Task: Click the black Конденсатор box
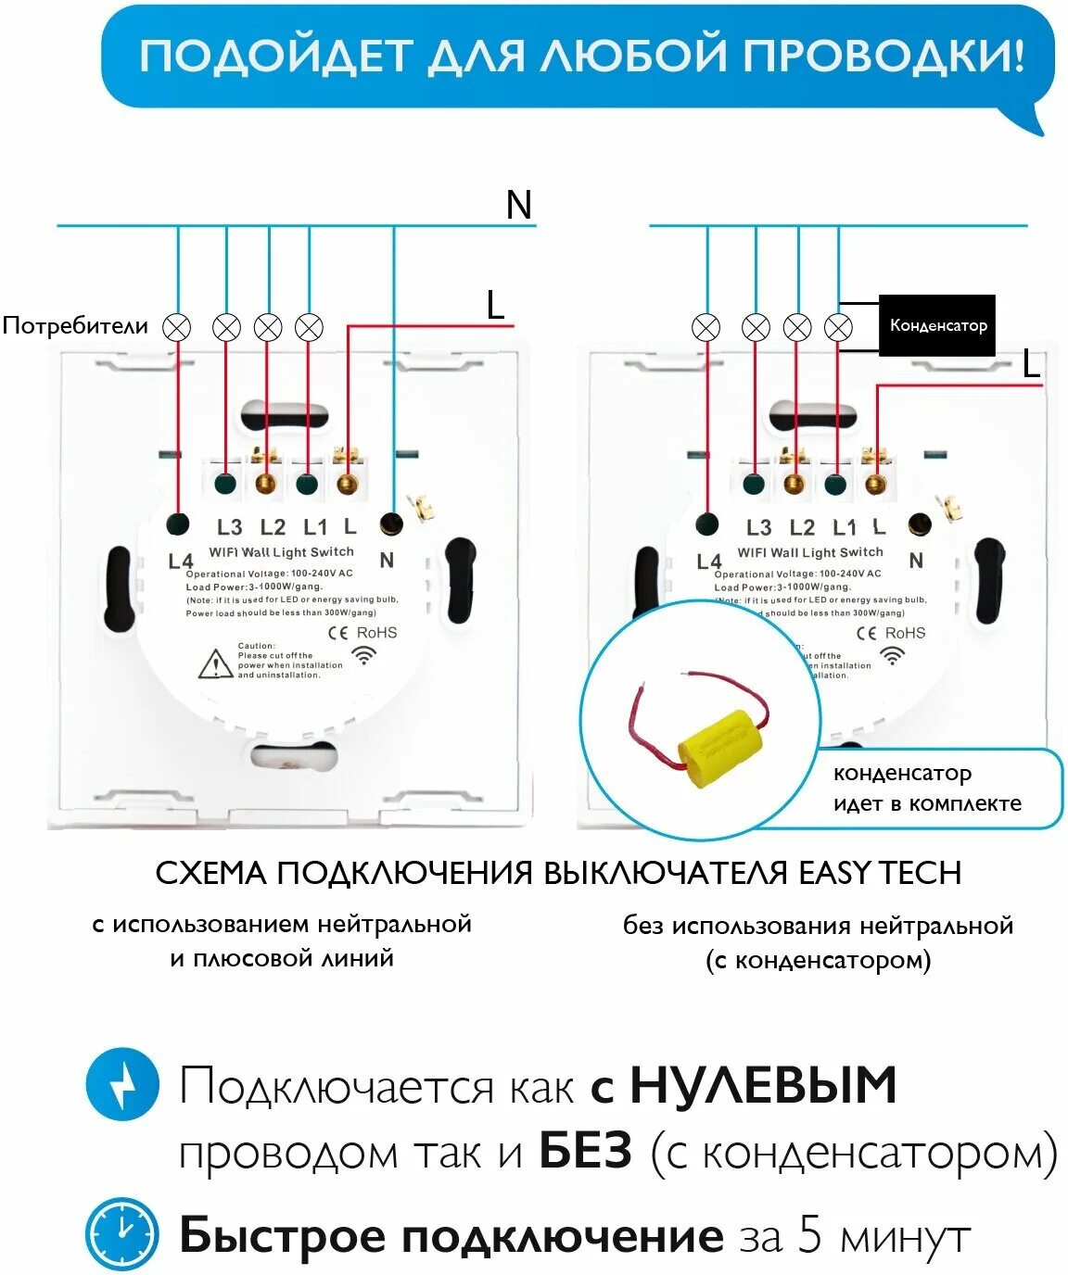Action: coord(936,325)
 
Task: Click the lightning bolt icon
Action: coord(122,1083)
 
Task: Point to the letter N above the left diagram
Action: coord(519,205)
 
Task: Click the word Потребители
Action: coord(75,325)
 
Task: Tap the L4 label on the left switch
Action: coord(181,561)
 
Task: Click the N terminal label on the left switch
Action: coord(387,560)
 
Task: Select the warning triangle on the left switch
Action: coord(215,663)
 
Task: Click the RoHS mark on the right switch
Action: coord(905,633)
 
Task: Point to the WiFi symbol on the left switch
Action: coord(365,655)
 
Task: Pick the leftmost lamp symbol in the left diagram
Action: coord(177,327)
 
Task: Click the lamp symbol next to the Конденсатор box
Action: coord(838,327)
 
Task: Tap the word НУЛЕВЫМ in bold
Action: coord(763,1085)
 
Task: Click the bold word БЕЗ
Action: coord(586,1152)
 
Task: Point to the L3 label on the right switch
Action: coord(758,527)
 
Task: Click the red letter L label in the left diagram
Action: coord(496,305)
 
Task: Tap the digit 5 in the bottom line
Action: coord(810,1235)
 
